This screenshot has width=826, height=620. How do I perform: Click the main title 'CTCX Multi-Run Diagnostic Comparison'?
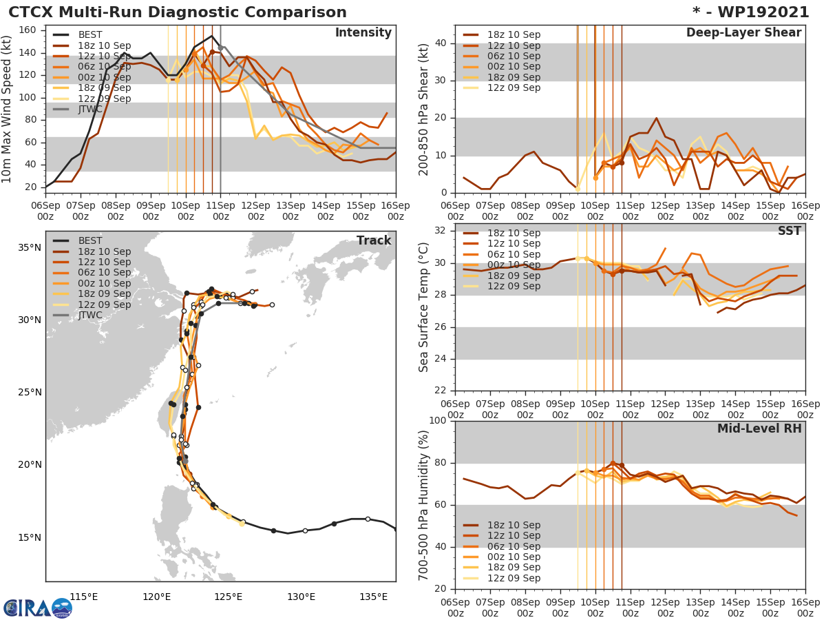click(x=178, y=12)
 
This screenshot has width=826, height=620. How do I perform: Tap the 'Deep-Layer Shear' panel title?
click(x=743, y=33)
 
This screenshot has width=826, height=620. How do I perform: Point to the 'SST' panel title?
click(x=789, y=231)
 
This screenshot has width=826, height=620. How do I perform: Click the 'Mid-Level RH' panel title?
click(x=759, y=428)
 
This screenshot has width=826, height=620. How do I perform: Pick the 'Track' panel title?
click(x=374, y=240)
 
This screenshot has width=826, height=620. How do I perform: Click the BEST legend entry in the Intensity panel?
click(x=90, y=35)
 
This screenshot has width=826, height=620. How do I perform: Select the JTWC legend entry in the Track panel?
click(x=90, y=316)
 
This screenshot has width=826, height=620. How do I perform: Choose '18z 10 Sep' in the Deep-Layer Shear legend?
click(x=513, y=35)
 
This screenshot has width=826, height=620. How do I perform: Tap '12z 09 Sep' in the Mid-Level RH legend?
click(x=513, y=579)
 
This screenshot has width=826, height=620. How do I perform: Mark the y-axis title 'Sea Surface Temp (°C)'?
click(x=424, y=308)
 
